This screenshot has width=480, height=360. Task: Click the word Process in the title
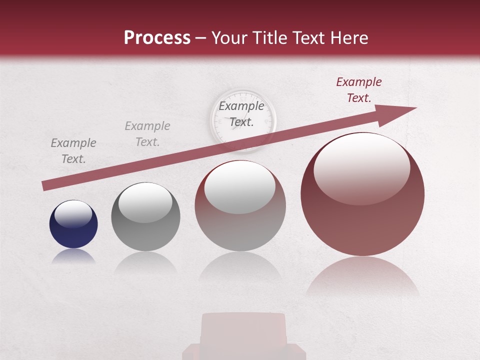click(157, 38)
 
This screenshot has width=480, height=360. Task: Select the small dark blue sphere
click(73, 224)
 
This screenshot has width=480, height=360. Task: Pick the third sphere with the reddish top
click(240, 205)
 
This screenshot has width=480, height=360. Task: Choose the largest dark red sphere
click(362, 194)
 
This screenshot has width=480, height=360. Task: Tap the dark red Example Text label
click(358, 90)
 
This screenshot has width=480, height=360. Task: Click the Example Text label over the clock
click(241, 113)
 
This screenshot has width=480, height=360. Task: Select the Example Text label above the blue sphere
click(73, 151)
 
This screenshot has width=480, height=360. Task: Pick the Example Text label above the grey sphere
click(147, 134)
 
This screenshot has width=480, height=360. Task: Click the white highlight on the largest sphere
click(361, 169)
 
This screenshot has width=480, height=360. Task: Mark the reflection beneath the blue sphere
click(73, 256)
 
